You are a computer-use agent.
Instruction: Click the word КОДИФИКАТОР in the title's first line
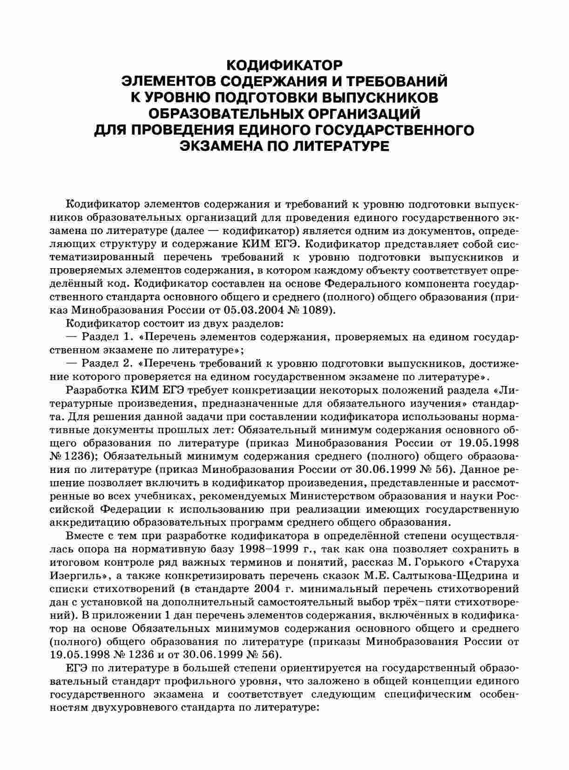click(x=284, y=64)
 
